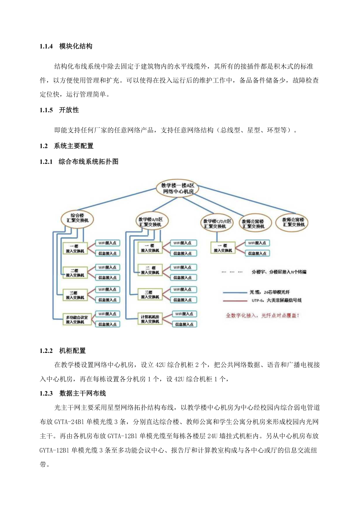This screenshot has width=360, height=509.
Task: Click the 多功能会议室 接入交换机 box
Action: pyautogui.click(x=77, y=319)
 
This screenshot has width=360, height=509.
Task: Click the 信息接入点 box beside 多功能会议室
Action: pyautogui.click(x=107, y=324)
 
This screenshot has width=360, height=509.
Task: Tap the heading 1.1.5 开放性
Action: pyautogui.click(x=59, y=110)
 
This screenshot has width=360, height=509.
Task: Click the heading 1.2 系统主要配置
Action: pyautogui.click(x=67, y=146)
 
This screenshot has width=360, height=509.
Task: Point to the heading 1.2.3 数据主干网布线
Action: pyautogui.click(x=72, y=394)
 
